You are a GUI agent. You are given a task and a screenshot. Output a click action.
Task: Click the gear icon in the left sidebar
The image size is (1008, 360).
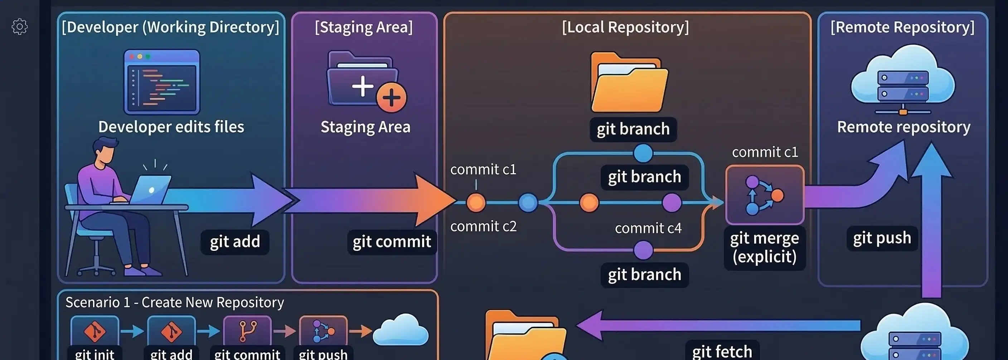[x=20, y=26]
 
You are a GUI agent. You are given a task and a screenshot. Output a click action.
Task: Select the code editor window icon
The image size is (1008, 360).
[x=161, y=82]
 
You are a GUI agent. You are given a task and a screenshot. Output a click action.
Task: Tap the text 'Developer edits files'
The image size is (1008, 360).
[x=171, y=127]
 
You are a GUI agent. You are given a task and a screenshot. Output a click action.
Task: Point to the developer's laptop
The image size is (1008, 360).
[x=151, y=189]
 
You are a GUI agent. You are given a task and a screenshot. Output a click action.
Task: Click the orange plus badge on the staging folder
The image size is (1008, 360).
[x=391, y=97]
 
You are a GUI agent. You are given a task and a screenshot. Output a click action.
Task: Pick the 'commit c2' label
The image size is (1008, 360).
[x=483, y=226]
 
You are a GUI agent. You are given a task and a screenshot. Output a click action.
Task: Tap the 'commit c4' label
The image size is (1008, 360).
[x=648, y=228]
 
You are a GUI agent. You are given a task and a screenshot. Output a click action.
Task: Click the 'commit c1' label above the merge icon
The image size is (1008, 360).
[x=765, y=152]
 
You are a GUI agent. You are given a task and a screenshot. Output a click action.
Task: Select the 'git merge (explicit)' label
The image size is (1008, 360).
[x=764, y=247]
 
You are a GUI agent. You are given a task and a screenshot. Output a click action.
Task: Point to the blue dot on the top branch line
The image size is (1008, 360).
[x=643, y=153]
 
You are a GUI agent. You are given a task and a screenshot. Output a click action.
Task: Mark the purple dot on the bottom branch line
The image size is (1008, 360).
[x=643, y=250]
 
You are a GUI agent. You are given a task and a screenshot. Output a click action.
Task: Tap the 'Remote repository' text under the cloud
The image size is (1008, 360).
[x=903, y=127]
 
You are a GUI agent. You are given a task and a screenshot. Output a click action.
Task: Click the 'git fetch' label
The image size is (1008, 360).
[x=722, y=351]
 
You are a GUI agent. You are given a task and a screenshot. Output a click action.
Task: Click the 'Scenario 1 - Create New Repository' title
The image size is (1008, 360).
[x=175, y=302]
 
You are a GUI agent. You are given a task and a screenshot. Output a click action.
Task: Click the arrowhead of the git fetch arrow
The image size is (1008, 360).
[x=589, y=326]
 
